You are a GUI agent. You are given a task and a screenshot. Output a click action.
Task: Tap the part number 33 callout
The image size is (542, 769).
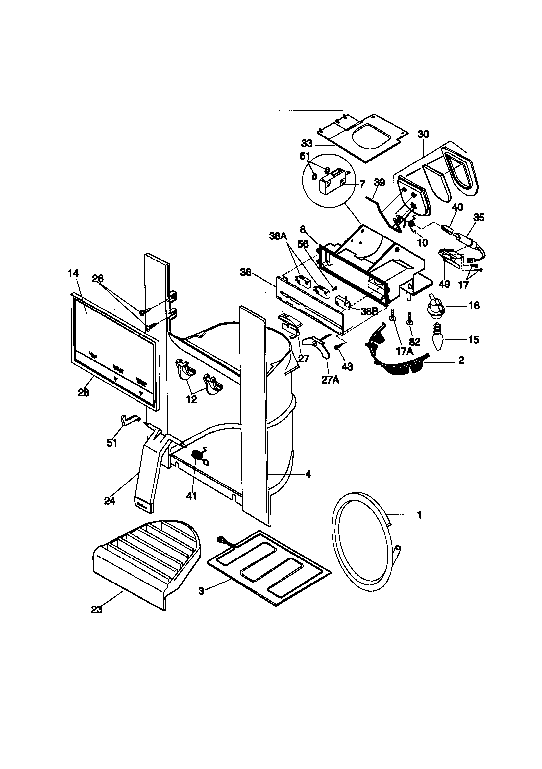(307, 144)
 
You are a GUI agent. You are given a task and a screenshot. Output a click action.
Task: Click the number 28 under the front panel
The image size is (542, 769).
(84, 392)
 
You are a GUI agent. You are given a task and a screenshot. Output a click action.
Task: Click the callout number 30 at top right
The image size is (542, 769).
(423, 134)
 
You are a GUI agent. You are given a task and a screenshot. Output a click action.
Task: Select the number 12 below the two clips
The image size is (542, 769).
(192, 399)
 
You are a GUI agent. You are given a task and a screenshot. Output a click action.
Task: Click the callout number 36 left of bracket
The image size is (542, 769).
(246, 272)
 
